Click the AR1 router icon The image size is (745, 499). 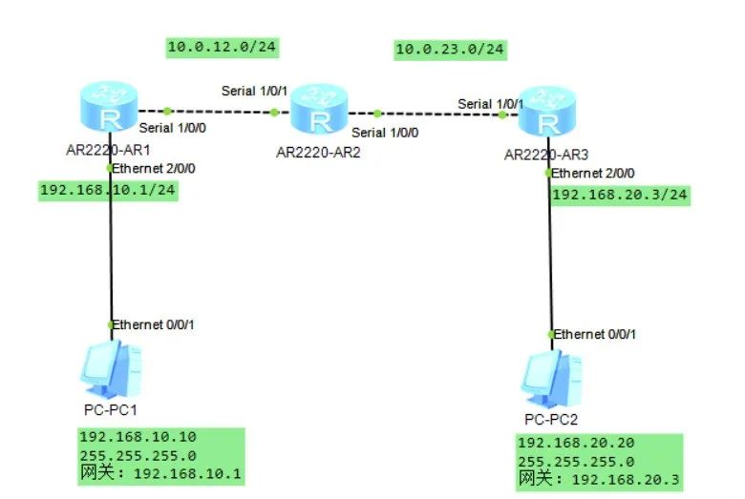pyautogui.click(x=109, y=107)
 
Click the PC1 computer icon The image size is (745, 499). pyautogui.click(x=112, y=369)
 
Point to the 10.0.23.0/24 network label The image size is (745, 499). pyautogui.click(x=451, y=49)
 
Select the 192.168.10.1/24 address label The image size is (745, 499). pyautogui.click(x=108, y=190)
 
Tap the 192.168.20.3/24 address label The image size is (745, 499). pyautogui.click(x=620, y=195)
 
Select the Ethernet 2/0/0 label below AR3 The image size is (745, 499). pyautogui.click(x=592, y=173)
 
